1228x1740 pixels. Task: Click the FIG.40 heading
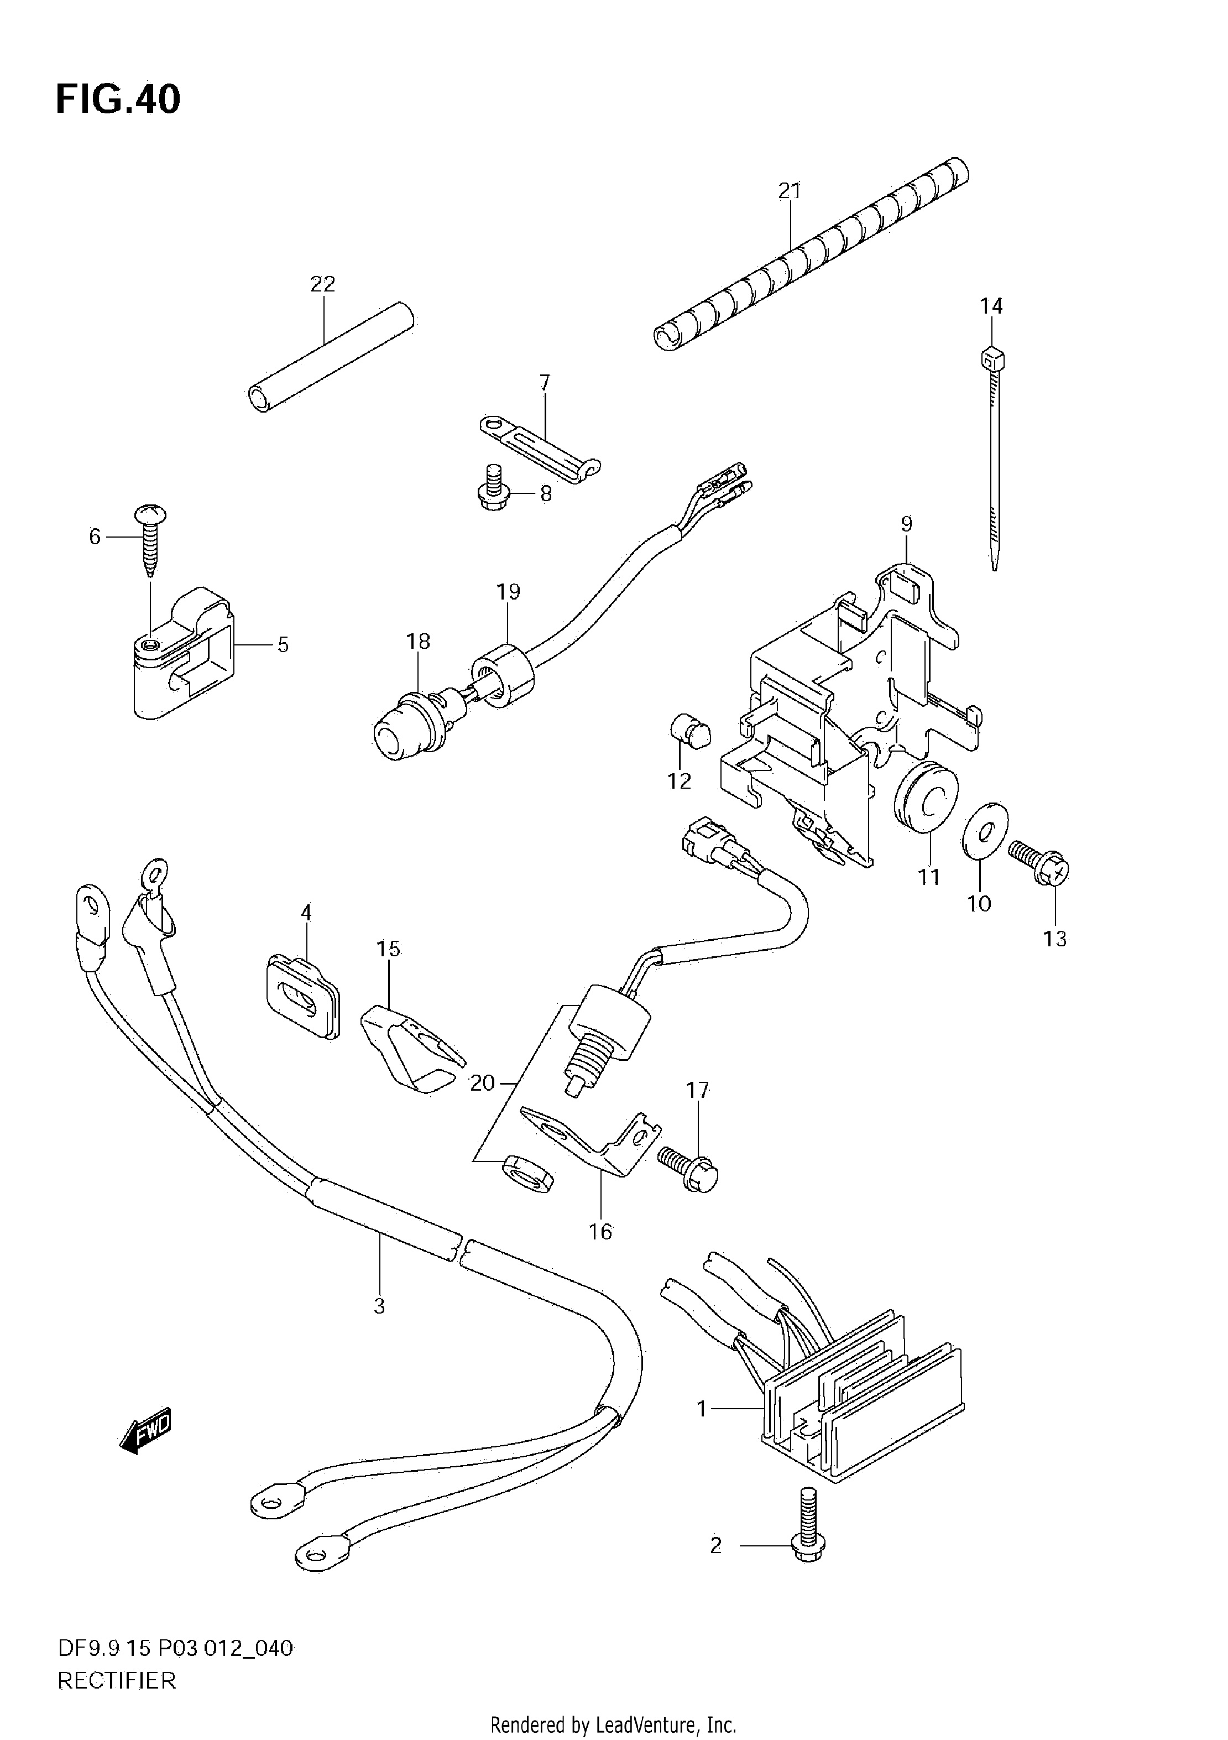pyautogui.click(x=118, y=99)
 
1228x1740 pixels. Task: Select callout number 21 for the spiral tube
pyautogui.click(x=790, y=190)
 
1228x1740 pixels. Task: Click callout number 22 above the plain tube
pyautogui.click(x=323, y=284)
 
